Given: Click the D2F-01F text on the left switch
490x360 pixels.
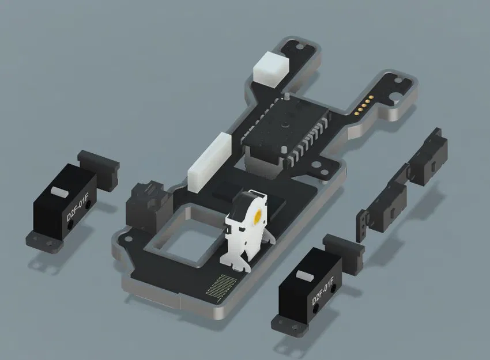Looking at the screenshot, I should [x=78, y=210].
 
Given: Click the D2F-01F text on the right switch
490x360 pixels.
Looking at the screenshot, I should [x=323, y=293].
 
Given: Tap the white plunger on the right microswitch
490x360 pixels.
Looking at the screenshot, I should [x=303, y=276].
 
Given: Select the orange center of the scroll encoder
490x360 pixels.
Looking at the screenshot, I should [x=257, y=217].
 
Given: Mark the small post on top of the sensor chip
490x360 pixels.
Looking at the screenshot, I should [x=286, y=96].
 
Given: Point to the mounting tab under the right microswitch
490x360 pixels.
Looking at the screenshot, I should [x=291, y=327].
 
